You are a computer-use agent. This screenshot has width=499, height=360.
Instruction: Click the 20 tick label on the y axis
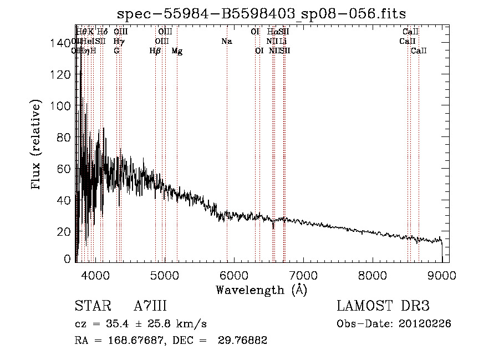tap(65, 231)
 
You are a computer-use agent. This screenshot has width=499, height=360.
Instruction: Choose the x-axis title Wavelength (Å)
tap(261, 290)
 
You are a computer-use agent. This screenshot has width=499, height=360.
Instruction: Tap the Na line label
tap(226, 41)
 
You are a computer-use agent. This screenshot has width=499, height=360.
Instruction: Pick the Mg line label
tap(177, 51)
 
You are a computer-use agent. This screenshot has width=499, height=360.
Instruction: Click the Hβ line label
tap(155, 51)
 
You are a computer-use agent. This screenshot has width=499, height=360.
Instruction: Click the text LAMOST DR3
tap(383, 306)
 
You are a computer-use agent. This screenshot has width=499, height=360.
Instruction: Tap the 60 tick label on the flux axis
tap(65, 169)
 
